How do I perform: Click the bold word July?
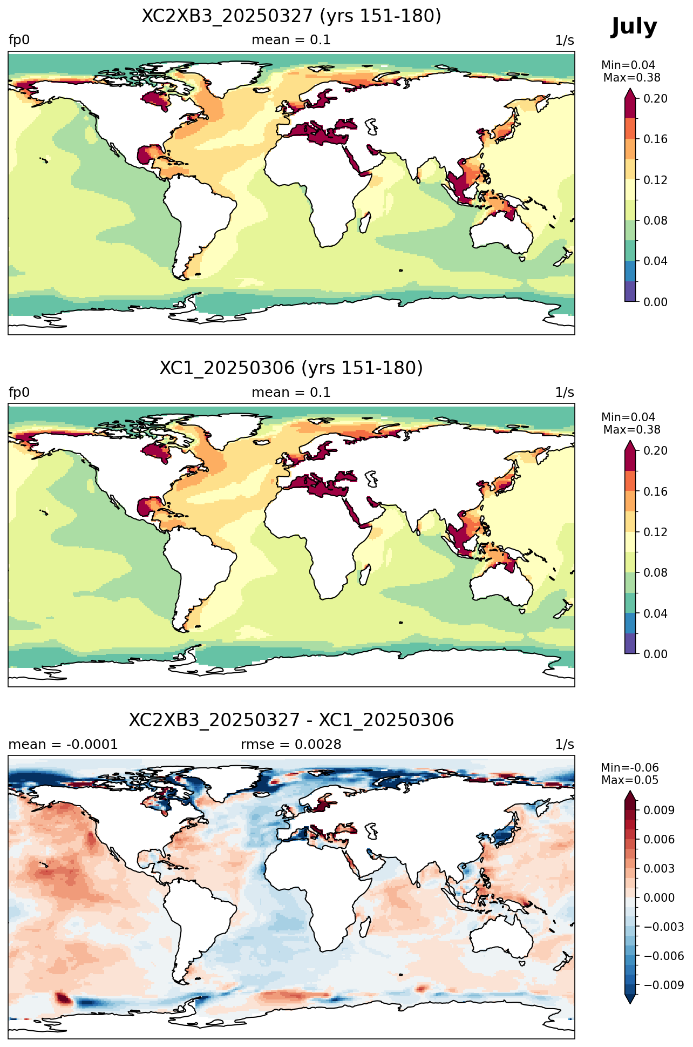click(634, 27)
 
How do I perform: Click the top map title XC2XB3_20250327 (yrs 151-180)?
click(291, 16)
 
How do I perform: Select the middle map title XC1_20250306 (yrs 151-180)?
click(291, 368)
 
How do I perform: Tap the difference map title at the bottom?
click(291, 720)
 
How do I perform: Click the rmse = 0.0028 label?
click(291, 745)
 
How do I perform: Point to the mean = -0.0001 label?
click(63, 745)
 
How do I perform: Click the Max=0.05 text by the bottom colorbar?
click(630, 780)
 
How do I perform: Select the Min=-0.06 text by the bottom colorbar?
click(630, 768)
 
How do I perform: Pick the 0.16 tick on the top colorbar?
click(655, 139)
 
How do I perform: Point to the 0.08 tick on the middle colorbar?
click(655, 573)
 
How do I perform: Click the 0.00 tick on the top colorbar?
click(655, 302)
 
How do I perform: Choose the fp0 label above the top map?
click(19, 40)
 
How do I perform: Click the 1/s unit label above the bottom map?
click(565, 745)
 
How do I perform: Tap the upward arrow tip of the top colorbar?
click(630, 89)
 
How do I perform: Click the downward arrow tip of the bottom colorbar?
click(630, 1003)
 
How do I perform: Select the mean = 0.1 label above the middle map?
click(291, 393)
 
